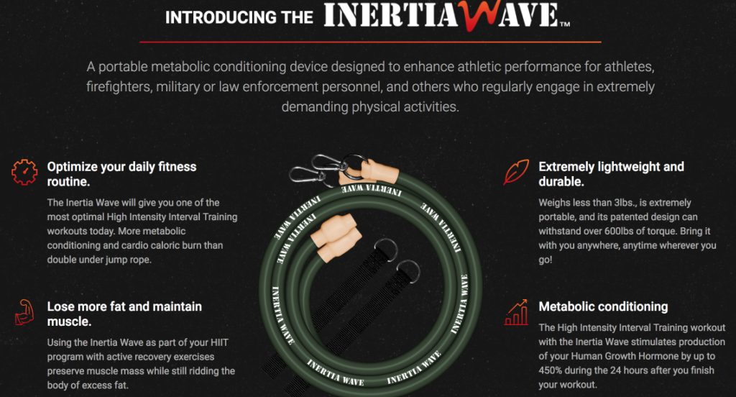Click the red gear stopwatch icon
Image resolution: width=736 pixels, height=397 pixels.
24,172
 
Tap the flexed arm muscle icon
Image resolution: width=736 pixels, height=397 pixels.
24,312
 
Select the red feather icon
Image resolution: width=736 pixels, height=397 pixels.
516,172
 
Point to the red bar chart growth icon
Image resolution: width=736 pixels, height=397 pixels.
516,312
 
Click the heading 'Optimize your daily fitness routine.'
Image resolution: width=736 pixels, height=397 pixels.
121,174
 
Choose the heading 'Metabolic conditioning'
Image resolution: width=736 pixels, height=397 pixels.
603,307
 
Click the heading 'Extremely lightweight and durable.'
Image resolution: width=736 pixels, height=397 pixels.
611,174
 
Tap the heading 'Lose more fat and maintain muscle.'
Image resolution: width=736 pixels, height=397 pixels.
124,314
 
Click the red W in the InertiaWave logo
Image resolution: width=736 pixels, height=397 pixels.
478,16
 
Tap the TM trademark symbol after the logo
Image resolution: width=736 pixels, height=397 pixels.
565,24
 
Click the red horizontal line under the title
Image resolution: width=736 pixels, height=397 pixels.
370,42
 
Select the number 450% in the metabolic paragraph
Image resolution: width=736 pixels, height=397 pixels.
550,370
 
